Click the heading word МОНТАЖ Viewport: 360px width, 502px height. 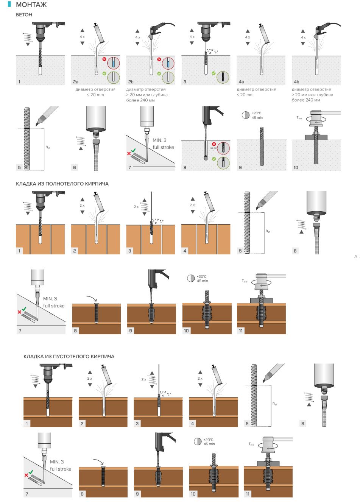(x=31, y=5)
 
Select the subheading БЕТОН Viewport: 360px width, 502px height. (x=24, y=15)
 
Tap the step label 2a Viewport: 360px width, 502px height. (x=76, y=82)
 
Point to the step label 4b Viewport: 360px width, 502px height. (x=296, y=82)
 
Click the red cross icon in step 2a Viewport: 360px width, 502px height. (x=104, y=59)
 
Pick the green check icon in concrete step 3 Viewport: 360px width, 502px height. (x=214, y=73)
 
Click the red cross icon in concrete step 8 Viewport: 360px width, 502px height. (x=214, y=144)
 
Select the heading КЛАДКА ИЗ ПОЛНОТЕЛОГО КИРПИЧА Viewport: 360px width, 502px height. (x=62, y=184)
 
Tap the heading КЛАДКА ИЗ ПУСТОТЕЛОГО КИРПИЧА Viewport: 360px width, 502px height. (x=69, y=356)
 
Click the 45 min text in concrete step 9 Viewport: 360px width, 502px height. (x=257, y=118)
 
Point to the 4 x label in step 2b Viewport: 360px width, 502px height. (x=138, y=37)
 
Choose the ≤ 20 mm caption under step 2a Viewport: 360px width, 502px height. (x=95, y=95)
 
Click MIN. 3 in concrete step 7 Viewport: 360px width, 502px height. (x=159, y=140)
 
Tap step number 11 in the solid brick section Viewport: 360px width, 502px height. (x=241, y=331)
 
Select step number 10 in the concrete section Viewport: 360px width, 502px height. (x=296, y=167)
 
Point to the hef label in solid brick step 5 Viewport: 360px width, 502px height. (x=268, y=231)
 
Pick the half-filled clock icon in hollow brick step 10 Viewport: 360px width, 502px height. (x=198, y=441)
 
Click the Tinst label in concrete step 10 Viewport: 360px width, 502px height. (x=299, y=118)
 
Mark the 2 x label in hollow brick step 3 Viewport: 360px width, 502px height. (x=143, y=379)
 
